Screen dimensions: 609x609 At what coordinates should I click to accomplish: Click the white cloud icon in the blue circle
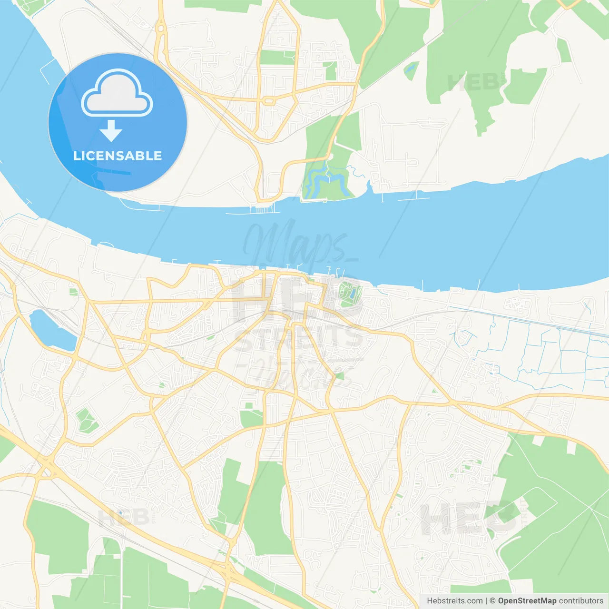pos(117,93)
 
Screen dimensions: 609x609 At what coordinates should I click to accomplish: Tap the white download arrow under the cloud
pos(111,131)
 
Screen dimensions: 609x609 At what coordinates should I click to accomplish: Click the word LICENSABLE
pos(118,156)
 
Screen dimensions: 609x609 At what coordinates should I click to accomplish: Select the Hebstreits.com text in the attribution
pos(454,601)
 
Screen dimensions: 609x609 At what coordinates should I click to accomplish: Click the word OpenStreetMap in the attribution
pos(527,601)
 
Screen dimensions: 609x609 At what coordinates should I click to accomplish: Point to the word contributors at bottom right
pos(581,601)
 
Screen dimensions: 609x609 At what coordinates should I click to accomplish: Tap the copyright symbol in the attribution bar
pos(492,601)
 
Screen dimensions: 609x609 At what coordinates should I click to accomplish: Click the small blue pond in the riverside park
pos(351,294)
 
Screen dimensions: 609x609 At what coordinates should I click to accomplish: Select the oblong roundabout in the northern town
pos(269,101)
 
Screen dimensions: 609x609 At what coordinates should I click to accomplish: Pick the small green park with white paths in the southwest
pos(86,421)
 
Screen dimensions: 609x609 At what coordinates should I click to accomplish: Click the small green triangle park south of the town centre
pos(339,376)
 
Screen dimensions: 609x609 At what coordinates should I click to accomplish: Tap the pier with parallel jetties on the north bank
pos(262,209)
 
